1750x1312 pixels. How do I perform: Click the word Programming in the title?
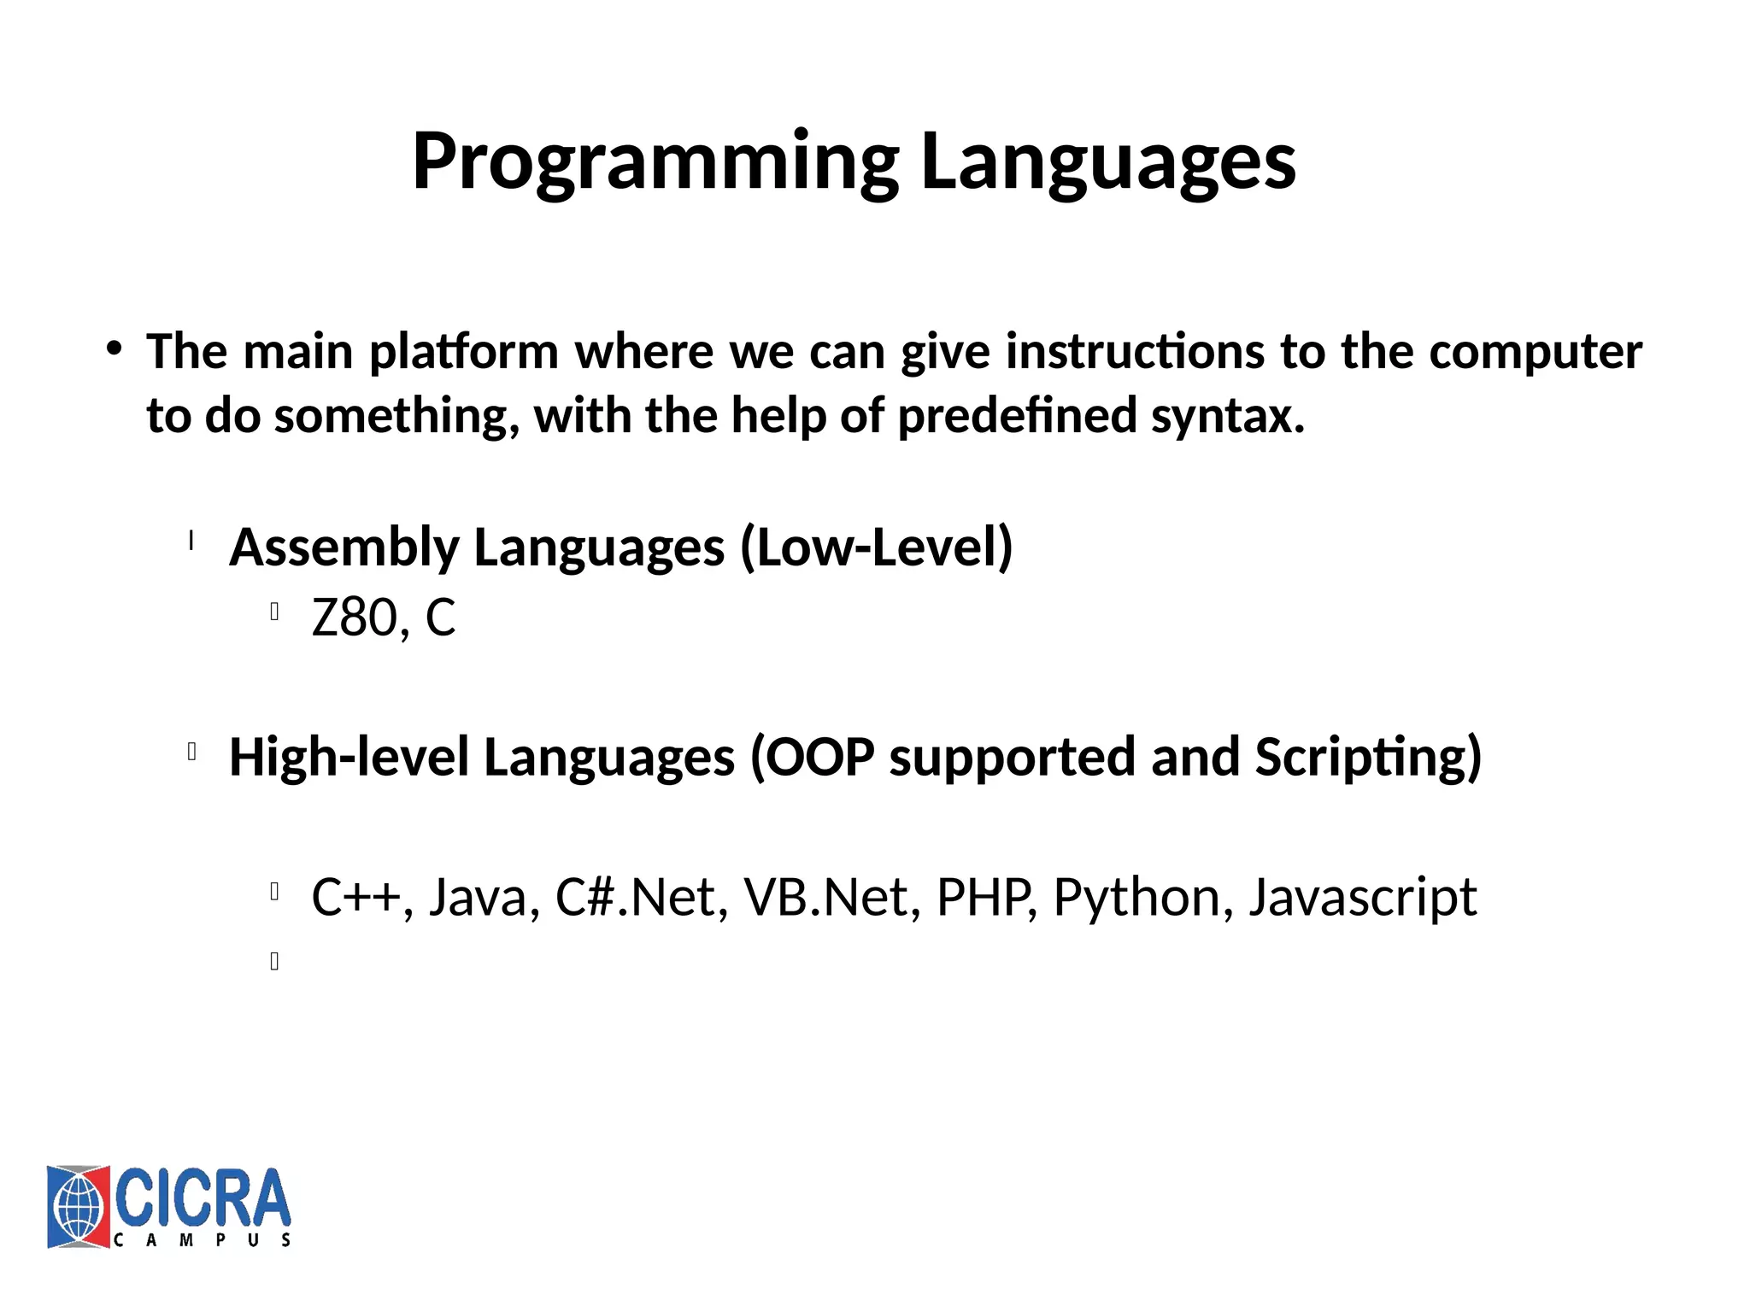[x=655, y=162]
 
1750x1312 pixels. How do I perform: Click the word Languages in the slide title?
[x=1108, y=162]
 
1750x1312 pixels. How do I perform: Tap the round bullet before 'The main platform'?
[x=114, y=348]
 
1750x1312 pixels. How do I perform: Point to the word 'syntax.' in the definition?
[x=1228, y=417]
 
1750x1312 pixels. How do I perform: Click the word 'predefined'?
[x=1016, y=417]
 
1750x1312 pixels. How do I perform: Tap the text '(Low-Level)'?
[x=876, y=548]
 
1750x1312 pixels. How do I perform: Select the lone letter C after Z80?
[x=440, y=618]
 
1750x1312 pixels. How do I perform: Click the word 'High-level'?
[x=349, y=758]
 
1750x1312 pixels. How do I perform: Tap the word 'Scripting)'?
[x=1367, y=758]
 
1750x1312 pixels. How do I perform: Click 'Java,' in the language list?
[x=484, y=898]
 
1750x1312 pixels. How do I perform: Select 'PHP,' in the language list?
[x=986, y=898]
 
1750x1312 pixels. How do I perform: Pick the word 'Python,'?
[x=1143, y=898]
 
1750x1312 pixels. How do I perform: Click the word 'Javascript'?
[x=1362, y=898]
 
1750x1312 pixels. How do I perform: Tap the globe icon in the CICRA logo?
[x=78, y=1207]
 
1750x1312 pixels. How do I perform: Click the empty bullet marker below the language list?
[x=274, y=962]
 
